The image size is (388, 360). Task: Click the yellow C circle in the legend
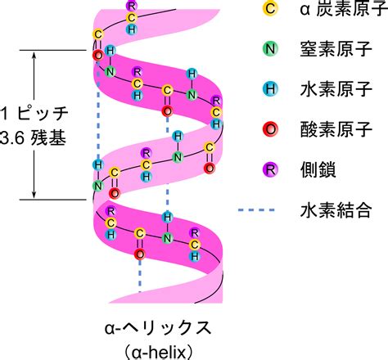pos(270,8)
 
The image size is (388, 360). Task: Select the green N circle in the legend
pos(270,49)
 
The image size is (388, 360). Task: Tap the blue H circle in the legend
pos(270,89)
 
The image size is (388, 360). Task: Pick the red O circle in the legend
pos(270,129)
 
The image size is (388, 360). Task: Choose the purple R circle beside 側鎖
pos(270,169)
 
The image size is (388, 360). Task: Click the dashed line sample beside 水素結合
pos(256,210)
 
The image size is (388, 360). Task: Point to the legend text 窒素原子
pos(336,49)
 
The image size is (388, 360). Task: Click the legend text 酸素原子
pos(336,129)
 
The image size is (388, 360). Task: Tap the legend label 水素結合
pos(336,210)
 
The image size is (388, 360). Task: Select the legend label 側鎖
pos(318,170)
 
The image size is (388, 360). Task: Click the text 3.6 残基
pos(33,138)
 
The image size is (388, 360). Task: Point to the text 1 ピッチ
pos(34,114)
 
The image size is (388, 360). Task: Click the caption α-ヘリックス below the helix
pos(158,328)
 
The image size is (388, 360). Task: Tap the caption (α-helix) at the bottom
pos(158,353)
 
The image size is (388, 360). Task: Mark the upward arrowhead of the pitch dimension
pos(34,55)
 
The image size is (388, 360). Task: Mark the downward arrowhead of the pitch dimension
pos(34,195)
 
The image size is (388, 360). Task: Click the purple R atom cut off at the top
pos(132,5)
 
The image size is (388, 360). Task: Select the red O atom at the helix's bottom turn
pos(140,254)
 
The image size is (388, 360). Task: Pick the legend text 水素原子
pos(336,89)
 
